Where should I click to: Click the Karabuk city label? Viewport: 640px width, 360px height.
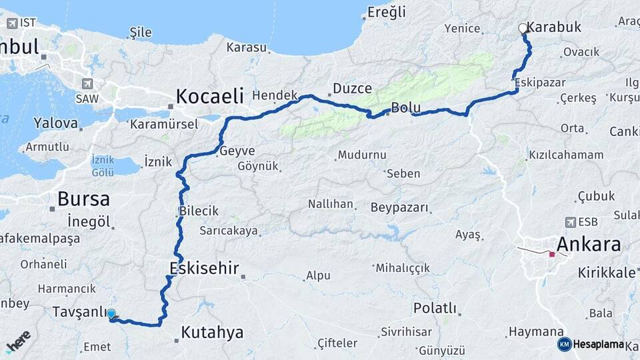(554, 27)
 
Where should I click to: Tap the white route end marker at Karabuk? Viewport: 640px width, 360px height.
(523, 29)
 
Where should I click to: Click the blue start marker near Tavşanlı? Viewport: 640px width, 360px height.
(111, 313)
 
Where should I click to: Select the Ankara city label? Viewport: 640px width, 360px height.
(588, 243)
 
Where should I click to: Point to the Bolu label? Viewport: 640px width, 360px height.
(405, 107)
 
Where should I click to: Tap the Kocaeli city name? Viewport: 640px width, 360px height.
(209, 95)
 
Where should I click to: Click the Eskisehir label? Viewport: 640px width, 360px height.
(204, 268)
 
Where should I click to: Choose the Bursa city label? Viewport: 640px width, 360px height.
(83, 198)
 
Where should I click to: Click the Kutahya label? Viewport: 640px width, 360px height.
(212, 332)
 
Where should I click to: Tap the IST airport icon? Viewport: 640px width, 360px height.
(11, 23)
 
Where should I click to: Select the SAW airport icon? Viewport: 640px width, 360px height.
(87, 84)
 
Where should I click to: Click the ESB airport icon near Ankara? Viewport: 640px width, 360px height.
(571, 222)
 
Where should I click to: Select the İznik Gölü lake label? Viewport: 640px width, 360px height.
(103, 166)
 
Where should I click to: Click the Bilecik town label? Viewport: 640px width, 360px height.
(199, 211)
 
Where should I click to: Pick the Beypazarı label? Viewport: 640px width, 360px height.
(399, 207)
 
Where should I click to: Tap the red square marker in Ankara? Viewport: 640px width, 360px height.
(551, 254)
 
